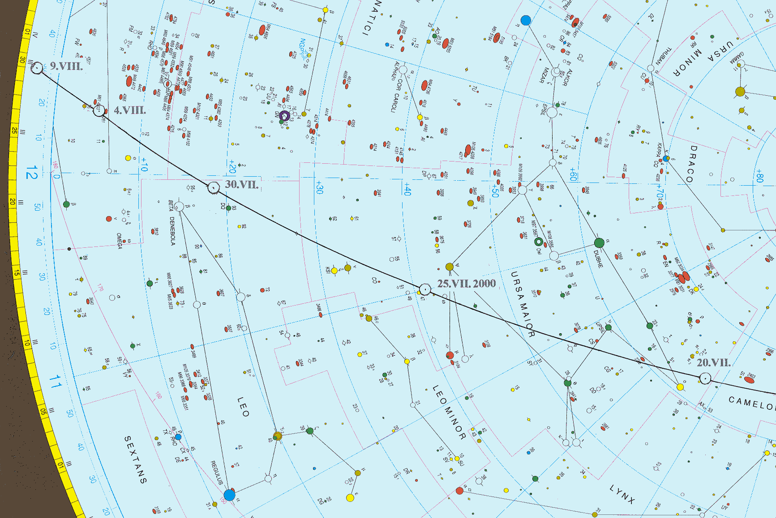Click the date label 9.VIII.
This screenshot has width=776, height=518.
pos(66,66)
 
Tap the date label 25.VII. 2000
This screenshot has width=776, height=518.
pos(466,284)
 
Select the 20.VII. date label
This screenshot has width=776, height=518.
pos(714,362)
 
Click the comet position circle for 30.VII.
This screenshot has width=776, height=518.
pos(214,187)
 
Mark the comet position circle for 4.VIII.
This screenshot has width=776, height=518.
pos(99,110)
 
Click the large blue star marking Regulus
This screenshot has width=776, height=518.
pos(229,495)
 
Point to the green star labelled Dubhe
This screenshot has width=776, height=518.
pos(599,243)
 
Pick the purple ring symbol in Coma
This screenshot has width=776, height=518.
pos(284,116)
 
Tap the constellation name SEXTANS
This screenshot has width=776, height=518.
pos(135,459)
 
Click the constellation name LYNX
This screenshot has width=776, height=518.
pos(622,494)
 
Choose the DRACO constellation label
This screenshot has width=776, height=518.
pos(691,164)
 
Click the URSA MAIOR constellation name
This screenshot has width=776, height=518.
pos(522,304)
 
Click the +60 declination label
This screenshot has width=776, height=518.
pos(573,174)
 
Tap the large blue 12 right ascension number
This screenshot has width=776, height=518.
pos(31,172)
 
